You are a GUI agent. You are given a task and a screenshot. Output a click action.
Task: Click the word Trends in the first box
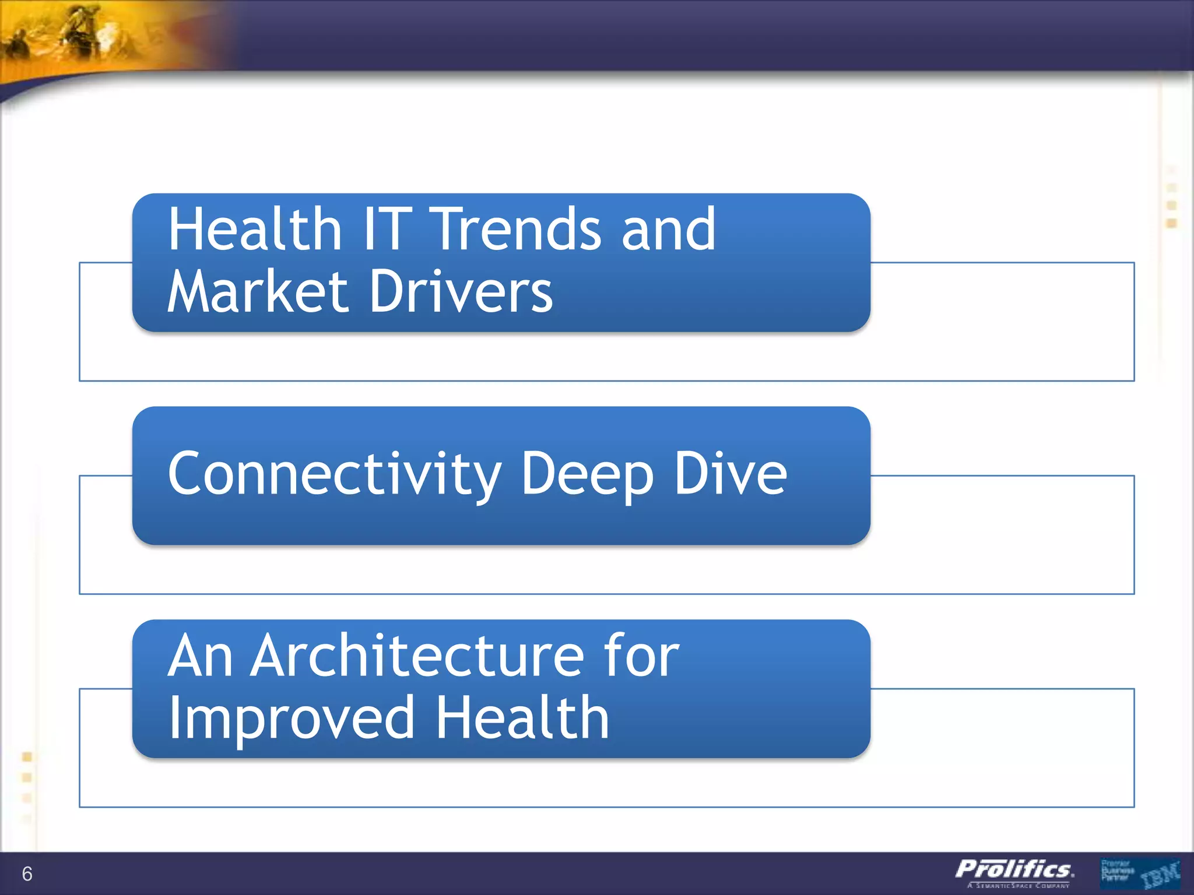tap(518, 230)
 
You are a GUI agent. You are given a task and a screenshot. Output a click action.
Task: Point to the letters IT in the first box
tap(387, 230)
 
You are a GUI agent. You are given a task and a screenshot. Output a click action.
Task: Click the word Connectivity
tap(334, 474)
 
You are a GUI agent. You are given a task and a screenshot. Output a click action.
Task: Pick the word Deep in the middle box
tap(587, 475)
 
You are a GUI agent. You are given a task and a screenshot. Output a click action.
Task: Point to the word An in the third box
tap(200, 656)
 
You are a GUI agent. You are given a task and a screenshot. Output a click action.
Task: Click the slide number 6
tap(27, 873)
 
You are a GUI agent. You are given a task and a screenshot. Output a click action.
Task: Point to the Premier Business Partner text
tap(1116, 871)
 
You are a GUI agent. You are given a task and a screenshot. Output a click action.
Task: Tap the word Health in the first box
tap(255, 230)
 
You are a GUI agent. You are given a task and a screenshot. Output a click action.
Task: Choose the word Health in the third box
tap(522, 718)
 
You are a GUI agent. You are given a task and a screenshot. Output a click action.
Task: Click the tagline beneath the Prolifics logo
tap(1018, 886)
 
